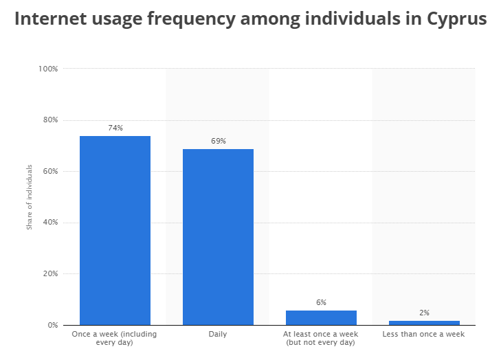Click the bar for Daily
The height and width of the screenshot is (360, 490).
(x=218, y=236)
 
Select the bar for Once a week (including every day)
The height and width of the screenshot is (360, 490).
(x=115, y=230)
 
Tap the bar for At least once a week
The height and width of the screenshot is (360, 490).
(x=321, y=317)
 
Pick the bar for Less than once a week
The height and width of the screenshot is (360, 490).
(x=424, y=322)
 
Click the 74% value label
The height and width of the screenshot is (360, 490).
(x=115, y=128)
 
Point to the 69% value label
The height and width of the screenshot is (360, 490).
(x=218, y=141)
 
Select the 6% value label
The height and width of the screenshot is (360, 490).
(x=321, y=302)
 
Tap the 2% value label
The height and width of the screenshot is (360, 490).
(x=424, y=313)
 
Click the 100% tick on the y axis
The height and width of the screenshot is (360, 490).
(x=48, y=69)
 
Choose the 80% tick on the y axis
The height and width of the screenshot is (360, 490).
(x=50, y=120)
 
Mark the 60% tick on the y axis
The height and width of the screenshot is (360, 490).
(x=50, y=171)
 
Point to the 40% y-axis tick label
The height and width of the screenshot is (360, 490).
(x=50, y=223)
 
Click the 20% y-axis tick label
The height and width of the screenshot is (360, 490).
(x=50, y=273)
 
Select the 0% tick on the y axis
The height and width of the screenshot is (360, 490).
(x=52, y=325)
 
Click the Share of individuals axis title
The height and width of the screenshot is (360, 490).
(x=30, y=196)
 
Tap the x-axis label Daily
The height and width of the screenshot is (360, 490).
(x=218, y=335)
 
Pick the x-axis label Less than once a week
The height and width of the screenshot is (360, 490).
(x=424, y=335)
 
